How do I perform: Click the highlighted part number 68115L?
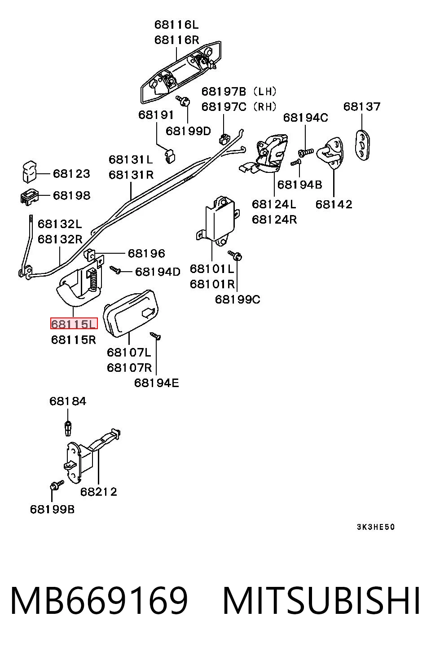click(x=74, y=324)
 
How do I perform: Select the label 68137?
click(x=362, y=106)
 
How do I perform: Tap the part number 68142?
click(x=334, y=204)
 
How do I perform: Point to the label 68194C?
click(x=306, y=118)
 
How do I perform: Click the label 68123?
click(x=71, y=174)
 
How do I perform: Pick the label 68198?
click(x=71, y=195)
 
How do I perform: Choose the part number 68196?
click(x=146, y=253)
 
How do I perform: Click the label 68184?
click(x=68, y=401)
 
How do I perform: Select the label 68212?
click(x=99, y=492)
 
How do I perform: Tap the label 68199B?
click(x=53, y=509)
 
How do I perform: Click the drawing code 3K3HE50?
click(x=376, y=527)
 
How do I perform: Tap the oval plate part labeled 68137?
click(x=362, y=145)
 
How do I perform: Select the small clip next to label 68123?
click(x=30, y=172)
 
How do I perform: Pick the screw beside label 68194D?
click(x=115, y=270)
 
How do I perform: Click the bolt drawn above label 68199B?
click(x=57, y=485)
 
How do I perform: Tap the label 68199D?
click(x=188, y=131)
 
